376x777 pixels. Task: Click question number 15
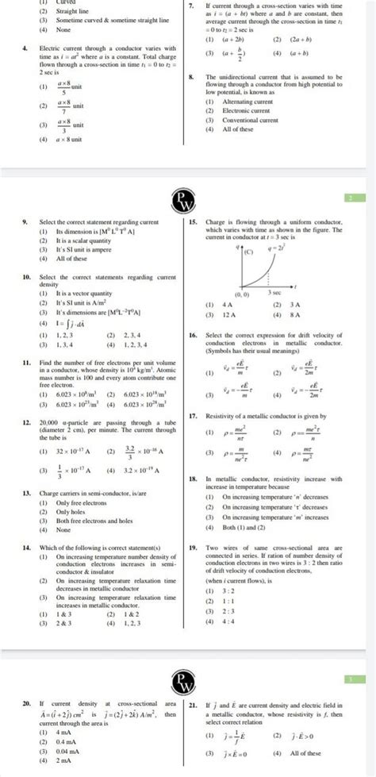(193, 224)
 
